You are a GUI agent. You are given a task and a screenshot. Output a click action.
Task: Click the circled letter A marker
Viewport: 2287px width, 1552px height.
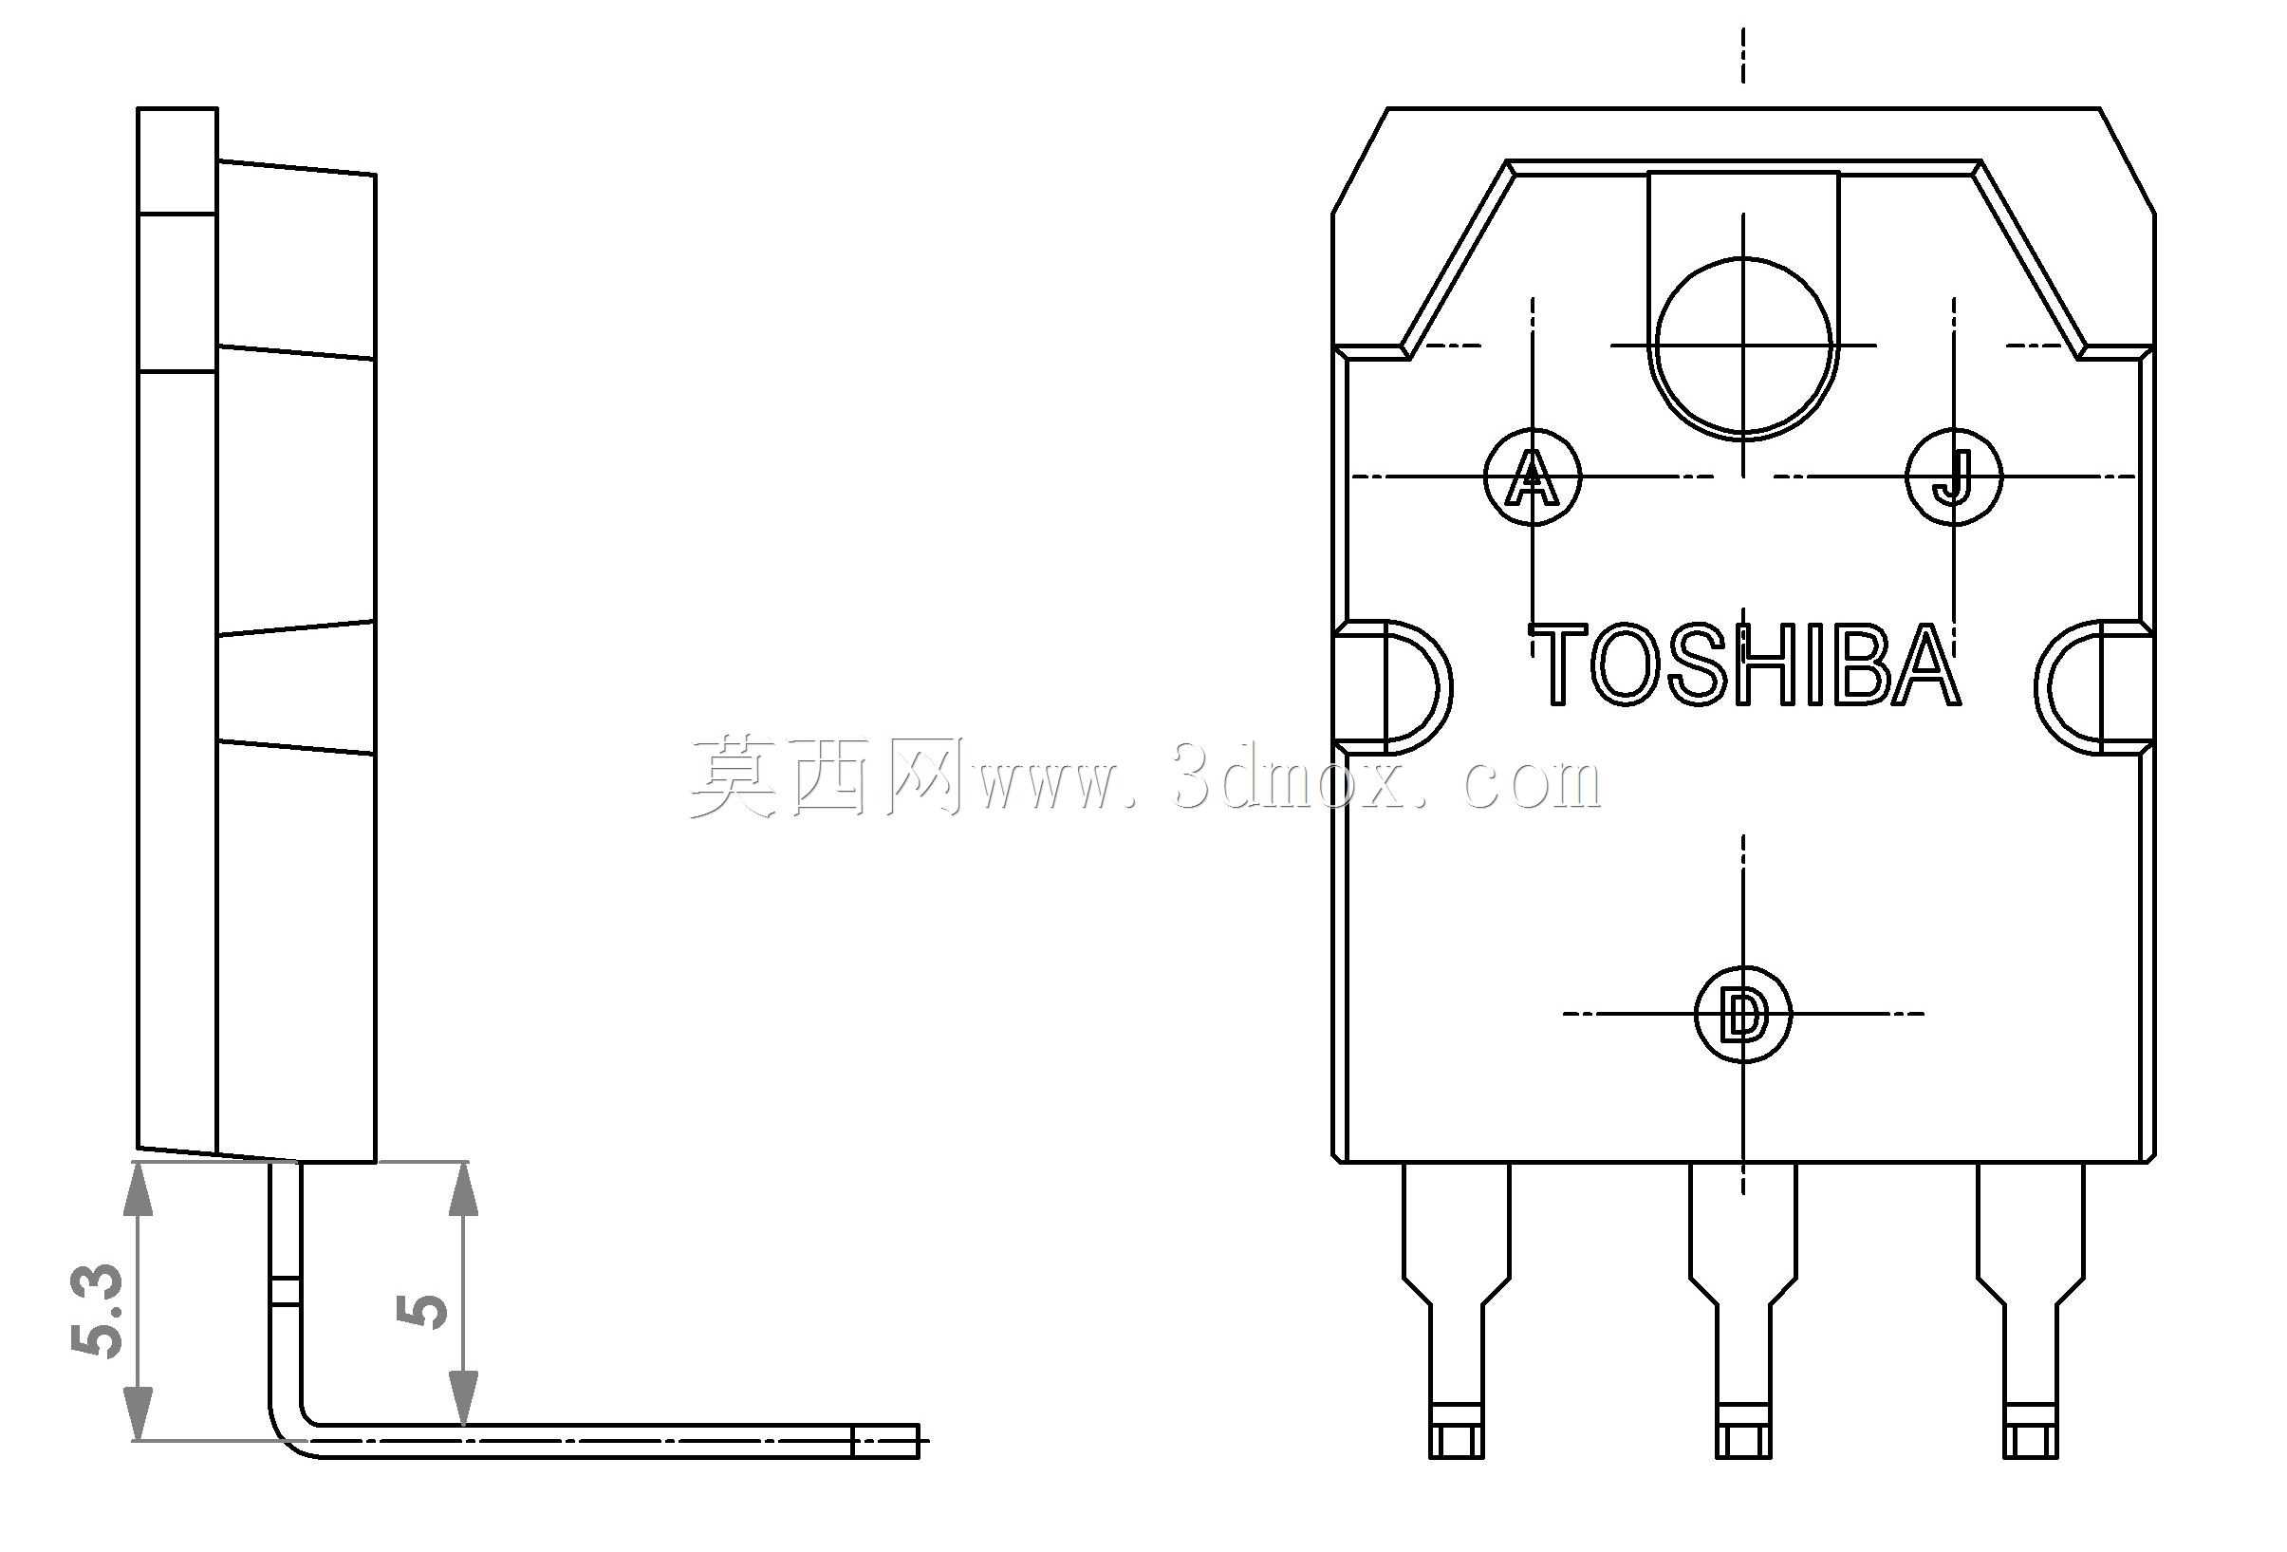click(x=1533, y=477)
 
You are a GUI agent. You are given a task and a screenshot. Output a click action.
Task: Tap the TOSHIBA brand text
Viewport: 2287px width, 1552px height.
click(x=1745, y=664)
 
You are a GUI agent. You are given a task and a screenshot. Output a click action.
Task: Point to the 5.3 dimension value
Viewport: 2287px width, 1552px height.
click(x=98, y=1311)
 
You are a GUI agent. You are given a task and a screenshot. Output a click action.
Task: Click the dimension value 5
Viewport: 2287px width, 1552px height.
click(x=422, y=1311)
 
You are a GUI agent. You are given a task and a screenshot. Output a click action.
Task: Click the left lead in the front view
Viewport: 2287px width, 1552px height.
click(x=1456, y=1310)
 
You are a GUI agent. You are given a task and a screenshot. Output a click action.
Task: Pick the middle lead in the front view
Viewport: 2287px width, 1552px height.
click(x=1743, y=1310)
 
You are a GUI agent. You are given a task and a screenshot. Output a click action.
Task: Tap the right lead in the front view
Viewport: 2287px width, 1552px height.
click(x=2031, y=1310)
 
